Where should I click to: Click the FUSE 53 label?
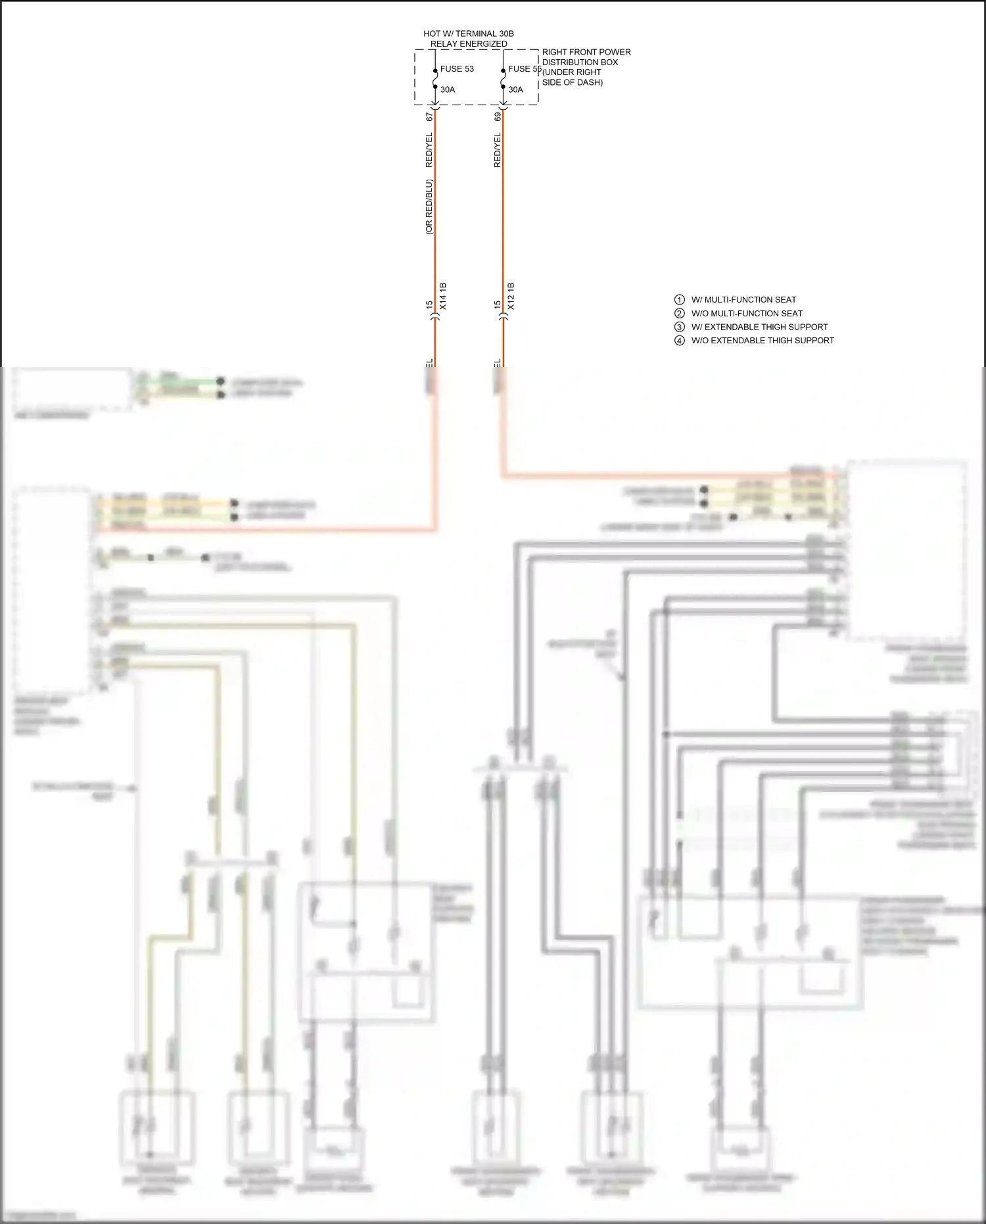tap(457, 69)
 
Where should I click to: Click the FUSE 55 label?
tap(525, 69)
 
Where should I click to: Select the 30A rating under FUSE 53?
tap(448, 89)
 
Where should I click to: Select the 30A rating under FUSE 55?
tap(516, 89)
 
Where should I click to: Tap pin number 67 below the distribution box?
tap(429, 116)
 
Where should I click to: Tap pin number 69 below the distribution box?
tap(498, 116)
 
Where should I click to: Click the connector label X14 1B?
tap(443, 297)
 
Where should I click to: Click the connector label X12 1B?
tap(511, 297)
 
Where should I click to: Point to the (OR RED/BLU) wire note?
tap(429, 207)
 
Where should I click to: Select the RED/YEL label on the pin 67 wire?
tap(429, 150)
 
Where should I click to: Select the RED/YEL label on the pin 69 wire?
tap(498, 150)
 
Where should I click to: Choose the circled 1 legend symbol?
tap(680, 300)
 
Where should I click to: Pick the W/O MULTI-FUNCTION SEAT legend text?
tap(747, 314)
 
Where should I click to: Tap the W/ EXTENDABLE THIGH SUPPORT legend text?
tap(759, 327)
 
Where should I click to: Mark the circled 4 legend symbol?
tap(680, 341)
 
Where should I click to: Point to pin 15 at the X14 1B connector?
tap(429, 305)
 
